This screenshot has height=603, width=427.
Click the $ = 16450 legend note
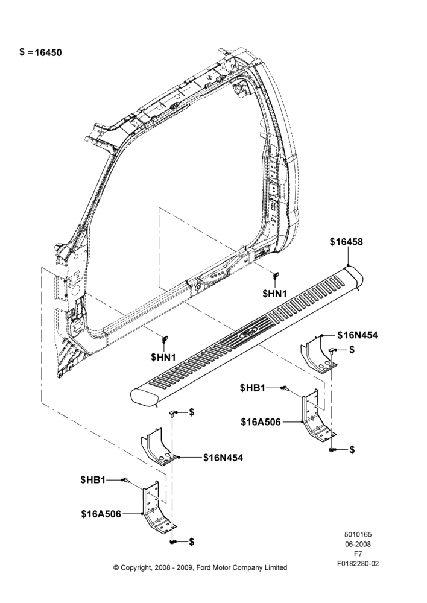coord(40,52)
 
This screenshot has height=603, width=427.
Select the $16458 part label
coord(346,242)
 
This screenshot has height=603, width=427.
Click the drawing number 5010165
coord(358,534)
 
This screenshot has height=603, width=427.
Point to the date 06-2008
coord(358,544)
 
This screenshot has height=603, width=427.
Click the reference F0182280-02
coord(358,564)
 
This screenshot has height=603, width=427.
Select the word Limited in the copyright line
coord(276,567)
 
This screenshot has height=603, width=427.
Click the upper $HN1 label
coord(274,294)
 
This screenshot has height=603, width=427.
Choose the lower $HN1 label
coord(163,357)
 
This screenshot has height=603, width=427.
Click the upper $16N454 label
coord(358,335)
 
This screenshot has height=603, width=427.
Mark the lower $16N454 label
coord(223,458)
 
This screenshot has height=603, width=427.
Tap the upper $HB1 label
coord(252,388)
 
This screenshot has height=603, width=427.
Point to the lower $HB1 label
coord(93,480)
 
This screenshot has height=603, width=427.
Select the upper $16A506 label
coord(261,422)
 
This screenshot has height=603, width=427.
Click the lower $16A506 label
coord(101,514)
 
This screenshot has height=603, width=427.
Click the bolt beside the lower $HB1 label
coord(125,480)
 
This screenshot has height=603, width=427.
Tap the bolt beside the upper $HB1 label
coord(285,388)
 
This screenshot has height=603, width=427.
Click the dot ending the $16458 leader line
coord(348,266)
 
